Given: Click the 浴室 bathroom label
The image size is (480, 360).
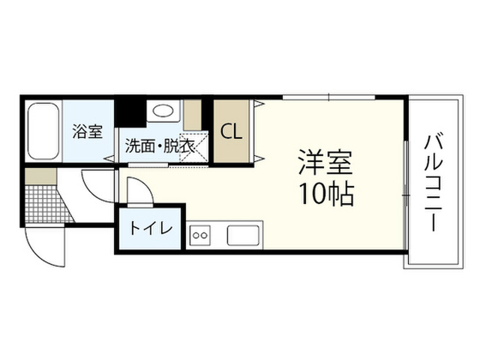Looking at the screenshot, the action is pos(88,131).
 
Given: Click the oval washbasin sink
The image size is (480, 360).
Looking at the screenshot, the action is pos(163,110).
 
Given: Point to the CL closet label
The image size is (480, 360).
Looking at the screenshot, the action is pos(232,132).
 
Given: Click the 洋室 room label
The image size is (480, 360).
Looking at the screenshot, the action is pos(325,162).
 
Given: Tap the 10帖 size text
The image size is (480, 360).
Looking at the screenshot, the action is pos(327,193).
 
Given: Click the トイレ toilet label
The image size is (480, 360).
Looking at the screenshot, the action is pos(151,228).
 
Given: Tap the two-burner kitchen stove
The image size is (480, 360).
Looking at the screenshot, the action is pos(200,235).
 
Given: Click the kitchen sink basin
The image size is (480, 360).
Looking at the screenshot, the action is pos(243,235).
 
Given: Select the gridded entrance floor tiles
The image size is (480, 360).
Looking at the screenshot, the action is pos(49,204).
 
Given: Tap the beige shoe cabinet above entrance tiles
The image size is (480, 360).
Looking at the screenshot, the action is pos(40,176).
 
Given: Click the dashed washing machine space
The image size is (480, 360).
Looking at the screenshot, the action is pos(193,147).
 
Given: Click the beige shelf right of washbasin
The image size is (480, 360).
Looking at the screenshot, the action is pos(192,115).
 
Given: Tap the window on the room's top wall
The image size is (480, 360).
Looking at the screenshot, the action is pos(328,97).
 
